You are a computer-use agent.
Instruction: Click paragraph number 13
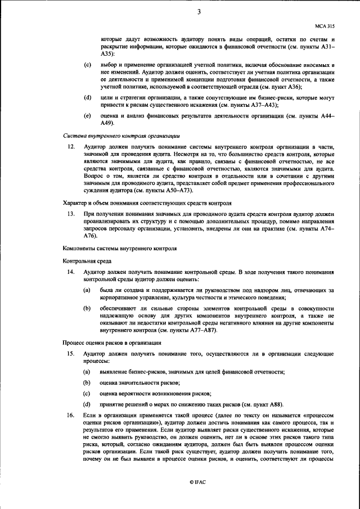point(71,214)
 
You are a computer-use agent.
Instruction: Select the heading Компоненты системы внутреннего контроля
point(119,248)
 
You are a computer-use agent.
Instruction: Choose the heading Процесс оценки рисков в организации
point(112,341)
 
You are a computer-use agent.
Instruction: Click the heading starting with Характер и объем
point(146,201)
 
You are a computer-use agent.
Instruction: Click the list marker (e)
point(87,115)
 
